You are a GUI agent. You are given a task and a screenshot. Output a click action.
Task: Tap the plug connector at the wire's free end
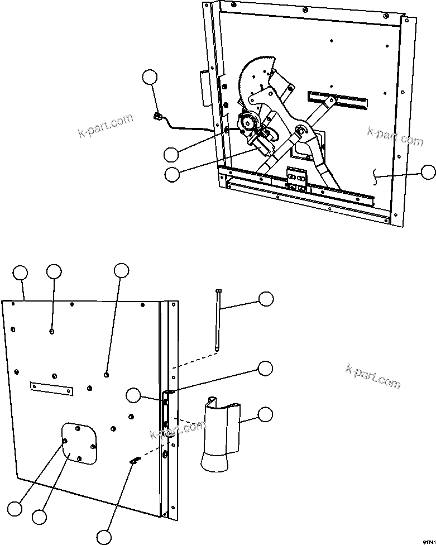tap(157, 117)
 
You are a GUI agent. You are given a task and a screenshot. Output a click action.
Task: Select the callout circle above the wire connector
tap(150, 77)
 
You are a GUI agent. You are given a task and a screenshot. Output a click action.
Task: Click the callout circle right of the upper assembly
tap(428, 173)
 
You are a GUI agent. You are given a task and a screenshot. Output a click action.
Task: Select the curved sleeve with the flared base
tap(221, 436)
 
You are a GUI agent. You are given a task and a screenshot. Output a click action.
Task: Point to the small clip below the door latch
tap(135, 460)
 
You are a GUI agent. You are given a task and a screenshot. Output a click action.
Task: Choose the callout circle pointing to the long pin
tap(266, 299)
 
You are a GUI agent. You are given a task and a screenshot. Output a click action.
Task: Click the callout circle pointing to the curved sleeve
tap(266, 414)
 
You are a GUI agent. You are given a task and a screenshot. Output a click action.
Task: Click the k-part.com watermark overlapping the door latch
tap(176, 431)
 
